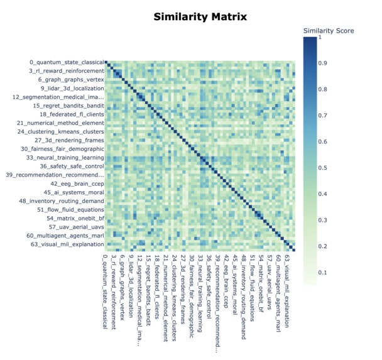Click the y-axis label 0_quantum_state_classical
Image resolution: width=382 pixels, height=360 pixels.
[x=66, y=63]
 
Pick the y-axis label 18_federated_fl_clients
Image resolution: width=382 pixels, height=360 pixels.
[x=71, y=114]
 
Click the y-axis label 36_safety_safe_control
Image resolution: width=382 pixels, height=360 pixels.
[x=71, y=166]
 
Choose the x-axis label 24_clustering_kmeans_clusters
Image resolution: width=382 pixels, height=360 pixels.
[x=174, y=295]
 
